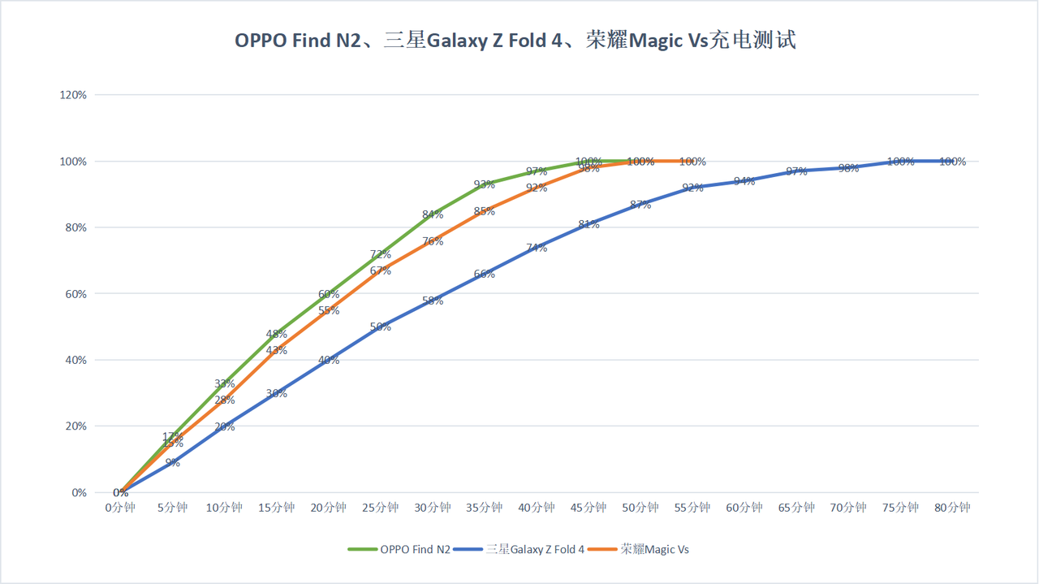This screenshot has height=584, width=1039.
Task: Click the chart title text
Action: (x=515, y=41)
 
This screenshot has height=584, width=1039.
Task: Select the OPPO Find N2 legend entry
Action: (x=415, y=549)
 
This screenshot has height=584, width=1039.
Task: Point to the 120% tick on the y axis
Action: (x=74, y=95)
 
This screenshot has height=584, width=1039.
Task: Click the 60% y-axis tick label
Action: (x=76, y=294)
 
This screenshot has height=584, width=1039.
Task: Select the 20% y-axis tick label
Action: (x=76, y=426)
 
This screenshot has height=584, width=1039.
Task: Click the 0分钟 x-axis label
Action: (x=120, y=508)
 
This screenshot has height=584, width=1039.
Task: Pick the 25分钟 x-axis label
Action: (x=381, y=508)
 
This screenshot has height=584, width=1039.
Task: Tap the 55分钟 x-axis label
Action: (x=692, y=508)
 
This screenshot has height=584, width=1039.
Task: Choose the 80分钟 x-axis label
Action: (x=953, y=508)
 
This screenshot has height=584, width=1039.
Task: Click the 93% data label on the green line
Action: (x=485, y=184)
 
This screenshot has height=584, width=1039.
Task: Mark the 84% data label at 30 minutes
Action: (x=433, y=214)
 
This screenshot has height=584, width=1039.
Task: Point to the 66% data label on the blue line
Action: (x=485, y=275)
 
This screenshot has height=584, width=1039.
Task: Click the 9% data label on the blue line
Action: (x=172, y=463)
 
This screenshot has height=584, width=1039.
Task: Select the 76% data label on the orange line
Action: (x=433, y=241)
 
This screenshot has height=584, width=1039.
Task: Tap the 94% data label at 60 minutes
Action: (x=744, y=181)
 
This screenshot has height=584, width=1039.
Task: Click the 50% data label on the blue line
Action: (x=381, y=327)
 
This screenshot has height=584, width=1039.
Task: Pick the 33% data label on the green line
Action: (x=225, y=383)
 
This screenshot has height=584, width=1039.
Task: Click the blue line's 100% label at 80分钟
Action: (x=953, y=162)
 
